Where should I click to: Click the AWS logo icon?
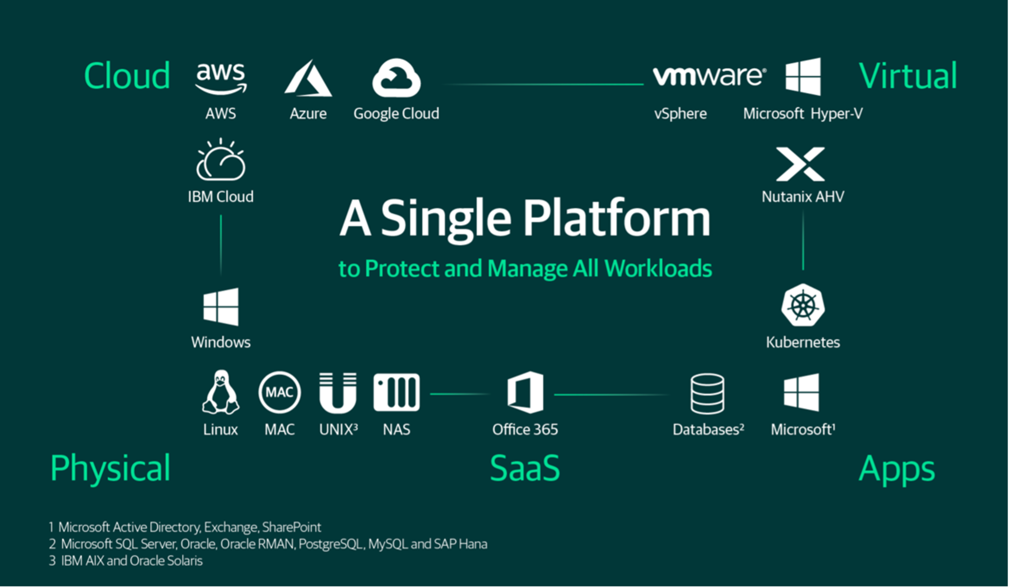point(221,78)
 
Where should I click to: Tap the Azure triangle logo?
point(308,78)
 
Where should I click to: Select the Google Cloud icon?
point(396,78)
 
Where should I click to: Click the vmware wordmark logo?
point(709,76)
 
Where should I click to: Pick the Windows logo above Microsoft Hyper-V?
point(803,77)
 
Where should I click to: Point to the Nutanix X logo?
point(800,164)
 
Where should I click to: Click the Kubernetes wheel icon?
point(803,305)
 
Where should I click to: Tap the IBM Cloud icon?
point(221,160)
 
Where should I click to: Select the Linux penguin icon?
point(220,392)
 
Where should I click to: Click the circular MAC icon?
point(279,393)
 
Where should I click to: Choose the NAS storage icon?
point(396,393)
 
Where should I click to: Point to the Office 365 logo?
point(525,393)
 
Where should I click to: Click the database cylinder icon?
point(707,393)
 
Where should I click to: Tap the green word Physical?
point(110,468)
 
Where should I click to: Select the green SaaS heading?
point(525,468)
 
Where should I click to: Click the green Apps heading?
point(896,469)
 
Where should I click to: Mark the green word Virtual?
point(907,76)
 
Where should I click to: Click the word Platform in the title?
point(616,218)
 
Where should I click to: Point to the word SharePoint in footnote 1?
point(291,527)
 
